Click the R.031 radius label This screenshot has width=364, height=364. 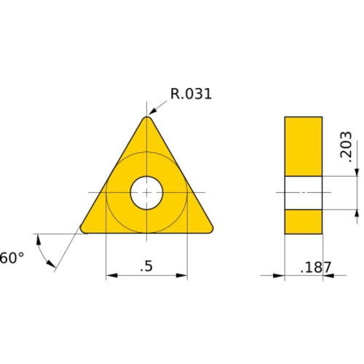tap(191, 94)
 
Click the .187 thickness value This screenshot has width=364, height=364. tap(316, 267)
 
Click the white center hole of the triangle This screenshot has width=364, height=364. tap(147, 193)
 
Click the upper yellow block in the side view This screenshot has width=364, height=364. tap(303, 146)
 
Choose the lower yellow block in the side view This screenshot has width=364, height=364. tap(303, 221)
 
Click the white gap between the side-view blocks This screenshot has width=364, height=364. tap(303, 193)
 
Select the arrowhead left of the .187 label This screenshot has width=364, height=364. tap(280, 276)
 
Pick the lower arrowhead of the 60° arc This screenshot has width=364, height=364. tap(52, 266)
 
